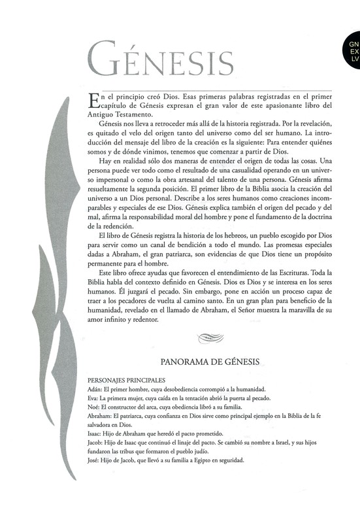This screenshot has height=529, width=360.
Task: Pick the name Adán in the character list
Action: click(94, 388)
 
